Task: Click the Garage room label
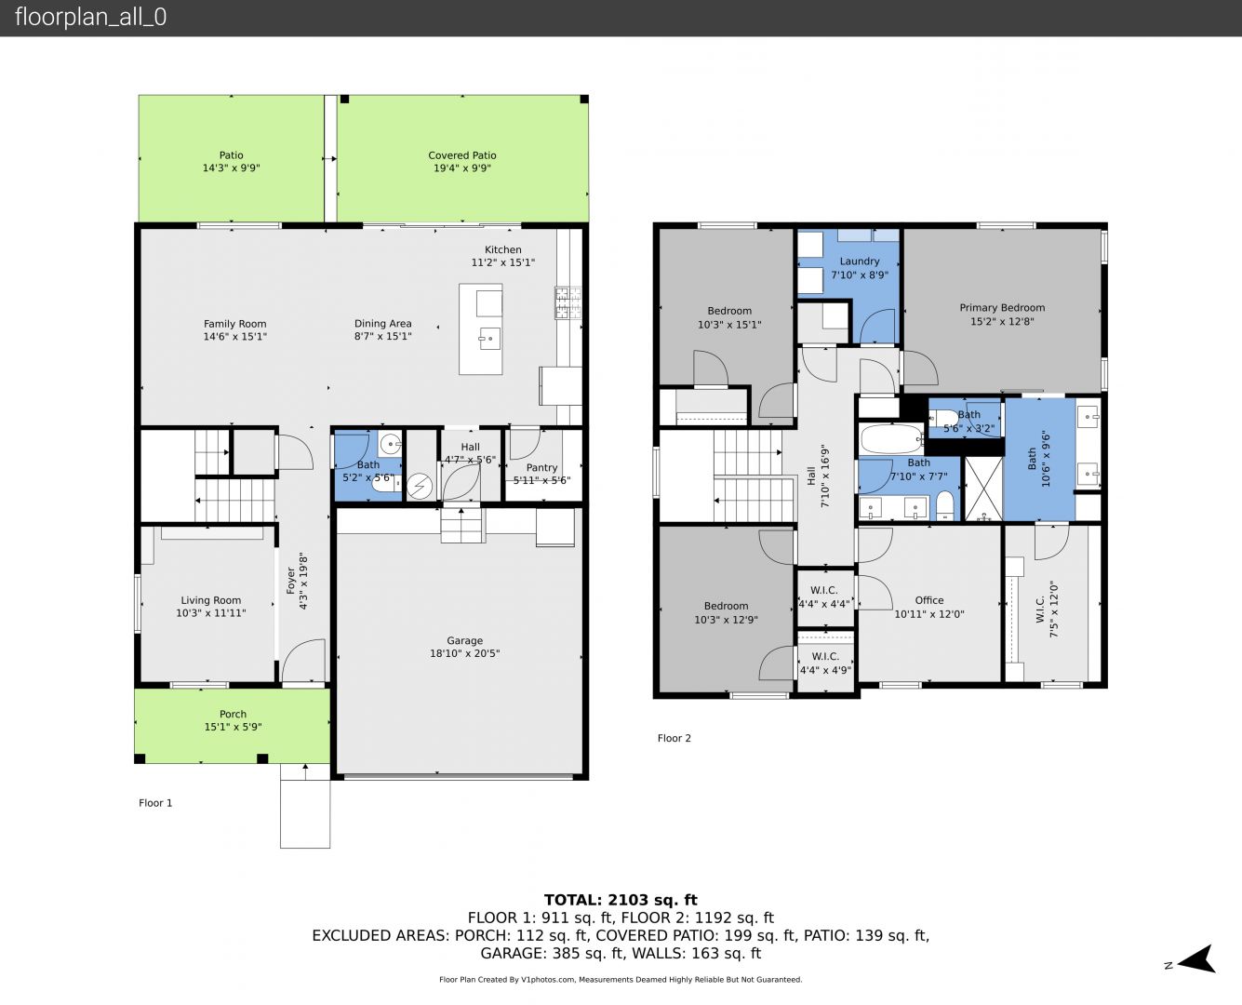(465, 640)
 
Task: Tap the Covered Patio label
(461, 155)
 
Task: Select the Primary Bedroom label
(1002, 307)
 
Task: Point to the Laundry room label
(860, 261)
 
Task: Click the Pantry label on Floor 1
(541, 467)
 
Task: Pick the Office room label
(928, 600)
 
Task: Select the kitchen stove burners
(568, 302)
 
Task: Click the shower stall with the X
(983, 489)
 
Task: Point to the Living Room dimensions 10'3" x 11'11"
(211, 613)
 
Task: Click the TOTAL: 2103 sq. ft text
(621, 900)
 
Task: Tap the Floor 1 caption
(155, 802)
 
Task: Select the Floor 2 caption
(674, 738)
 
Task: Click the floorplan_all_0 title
(90, 17)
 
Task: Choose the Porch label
(233, 714)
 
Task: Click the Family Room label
(235, 324)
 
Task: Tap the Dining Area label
(383, 323)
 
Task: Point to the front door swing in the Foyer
(304, 660)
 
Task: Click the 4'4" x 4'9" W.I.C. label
(825, 670)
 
